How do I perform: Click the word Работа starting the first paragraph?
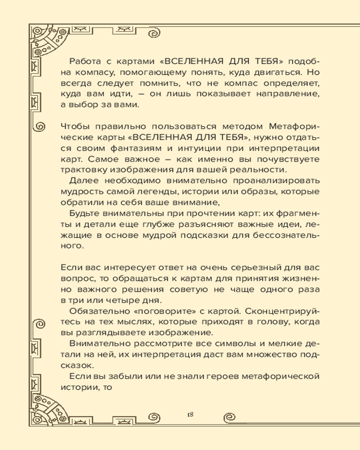85,62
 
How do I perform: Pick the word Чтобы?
74,126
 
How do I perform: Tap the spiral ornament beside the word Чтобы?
39,126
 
